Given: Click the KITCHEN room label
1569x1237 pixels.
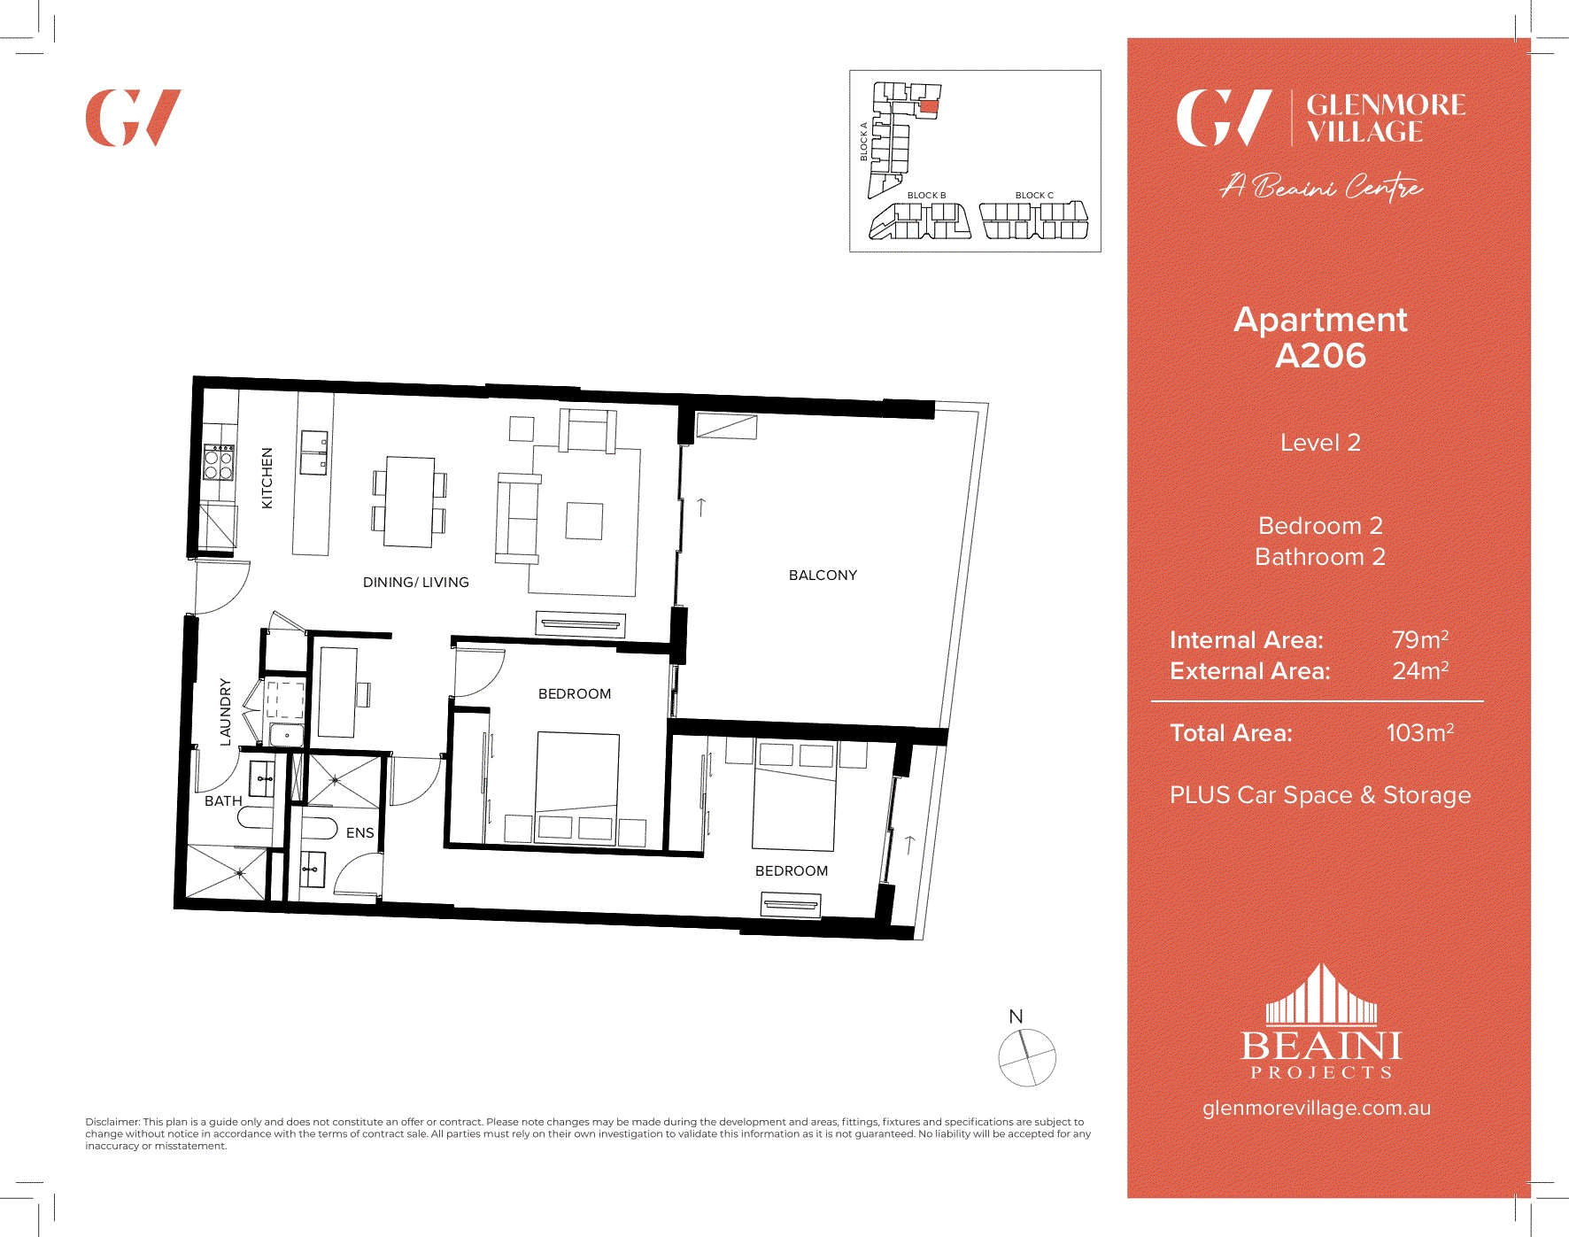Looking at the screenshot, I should pyautogui.click(x=267, y=478).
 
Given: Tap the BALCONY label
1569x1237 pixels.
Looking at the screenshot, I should pyautogui.click(x=823, y=576).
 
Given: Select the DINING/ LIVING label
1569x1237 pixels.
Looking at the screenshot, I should pyautogui.click(x=415, y=583).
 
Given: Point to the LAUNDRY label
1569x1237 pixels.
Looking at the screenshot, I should pyautogui.click(x=225, y=712).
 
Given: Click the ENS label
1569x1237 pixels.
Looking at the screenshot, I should pyautogui.click(x=359, y=833).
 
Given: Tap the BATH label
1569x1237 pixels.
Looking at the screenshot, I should pyautogui.click(x=223, y=801).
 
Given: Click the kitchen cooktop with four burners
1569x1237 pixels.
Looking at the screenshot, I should pyautogui.click(x=219, y=462).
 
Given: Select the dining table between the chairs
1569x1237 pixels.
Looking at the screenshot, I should pyautogui.click(x=409, y=502).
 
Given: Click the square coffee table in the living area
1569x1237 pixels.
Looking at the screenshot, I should pyautogui.click(x=584, y=521).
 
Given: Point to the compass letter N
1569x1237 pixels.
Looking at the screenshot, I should pyautogui.click(x=1016, y=1017).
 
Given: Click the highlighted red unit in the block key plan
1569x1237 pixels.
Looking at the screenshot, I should pyautogui.click(x=928, y=106).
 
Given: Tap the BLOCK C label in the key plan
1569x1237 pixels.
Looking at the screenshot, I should pyautogui.click(x=1034, y=196).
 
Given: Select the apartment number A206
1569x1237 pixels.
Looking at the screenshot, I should pyautogui.click(x=1320, y=356).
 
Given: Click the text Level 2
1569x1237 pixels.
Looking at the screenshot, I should pyautogui.click(x=1320, y=443).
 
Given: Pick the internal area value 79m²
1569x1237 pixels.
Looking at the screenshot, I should pyautogui.click(x=1419, y=639).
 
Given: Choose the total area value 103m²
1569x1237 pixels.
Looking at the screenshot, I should pyautogui.click(x=1419, y=733).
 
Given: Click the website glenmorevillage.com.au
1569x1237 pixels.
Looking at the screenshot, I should pyautogui.click(x=1316, y=1109).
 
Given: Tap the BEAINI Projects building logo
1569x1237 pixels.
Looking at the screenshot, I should pyautogui.click(x=1321, y=1023).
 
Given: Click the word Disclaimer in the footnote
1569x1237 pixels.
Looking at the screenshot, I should pyautogui.click(x=112, y=1122).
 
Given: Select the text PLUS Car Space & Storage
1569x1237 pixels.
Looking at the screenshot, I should pyautogui.click(x=1319, y=795).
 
